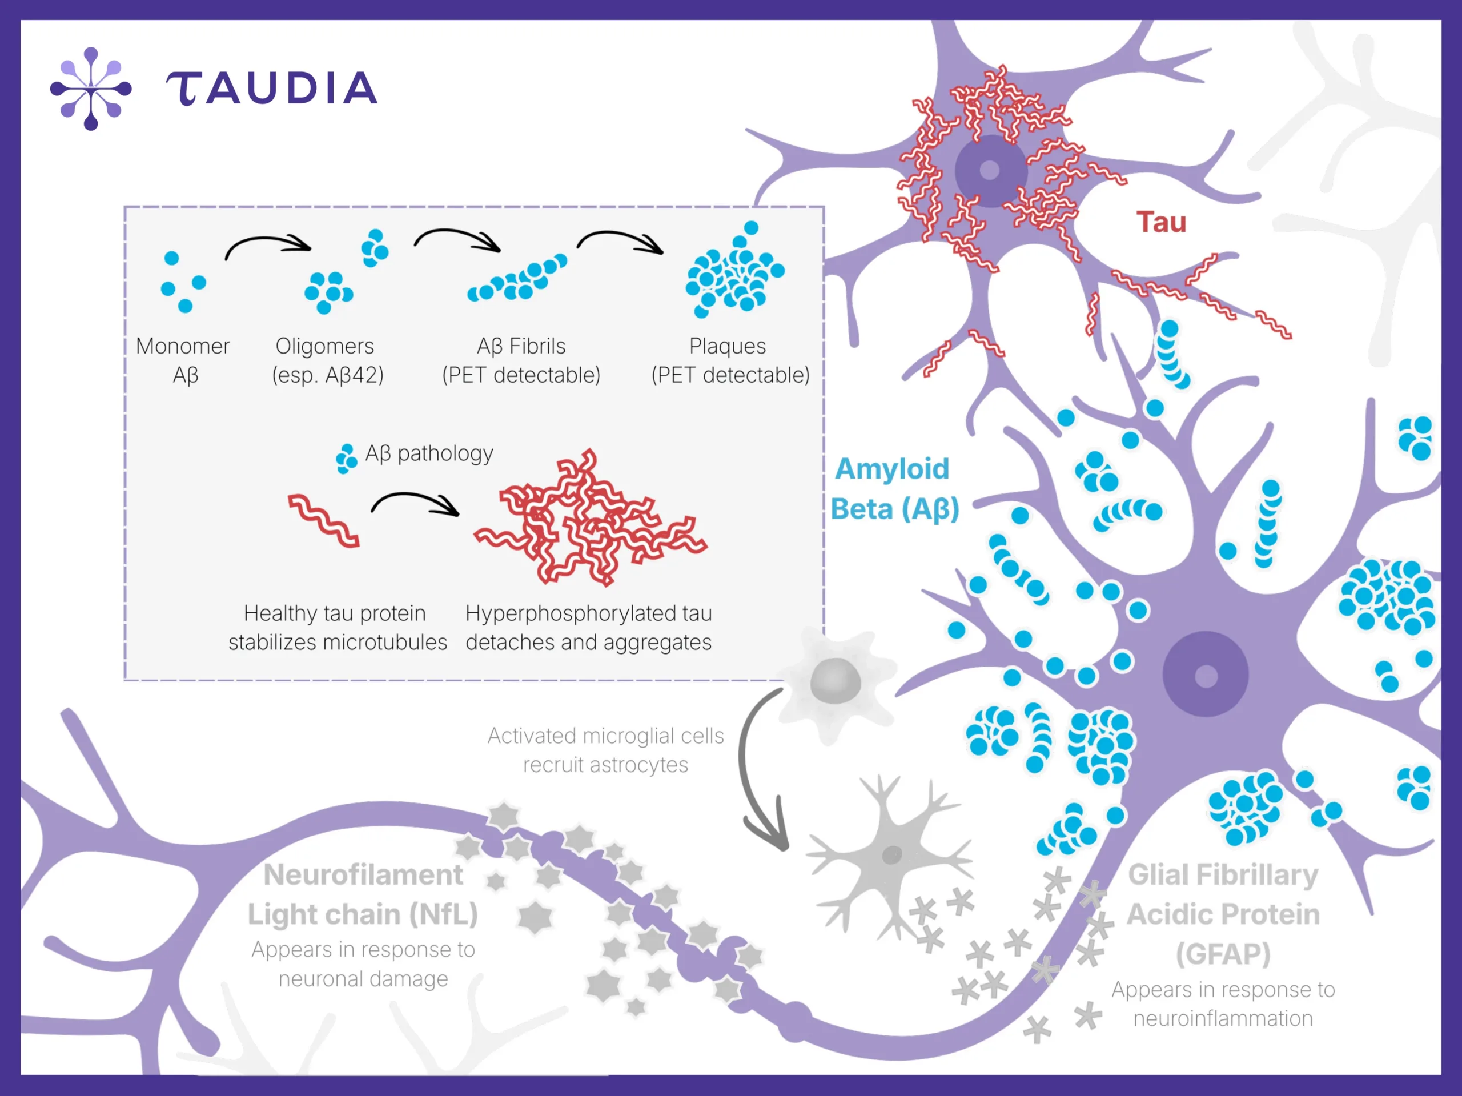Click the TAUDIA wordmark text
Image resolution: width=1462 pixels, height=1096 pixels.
271,88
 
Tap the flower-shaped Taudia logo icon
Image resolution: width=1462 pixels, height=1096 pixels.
91,89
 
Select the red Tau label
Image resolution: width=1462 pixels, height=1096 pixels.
1161,222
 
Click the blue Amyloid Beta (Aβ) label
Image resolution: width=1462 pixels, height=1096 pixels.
894,488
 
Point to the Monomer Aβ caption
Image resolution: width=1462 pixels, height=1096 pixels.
183,360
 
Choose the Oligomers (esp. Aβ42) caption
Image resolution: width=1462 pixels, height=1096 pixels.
327,360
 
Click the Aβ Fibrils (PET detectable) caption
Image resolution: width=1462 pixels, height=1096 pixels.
521,360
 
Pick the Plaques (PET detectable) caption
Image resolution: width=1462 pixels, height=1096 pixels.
730,360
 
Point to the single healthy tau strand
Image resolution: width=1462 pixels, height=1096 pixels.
324,520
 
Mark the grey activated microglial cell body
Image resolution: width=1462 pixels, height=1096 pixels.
836,681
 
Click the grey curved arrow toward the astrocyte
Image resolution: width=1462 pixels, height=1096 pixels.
744,767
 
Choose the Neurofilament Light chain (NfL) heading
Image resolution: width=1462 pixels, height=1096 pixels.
363,894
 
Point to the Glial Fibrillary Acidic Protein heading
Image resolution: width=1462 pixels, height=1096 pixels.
1223,914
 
